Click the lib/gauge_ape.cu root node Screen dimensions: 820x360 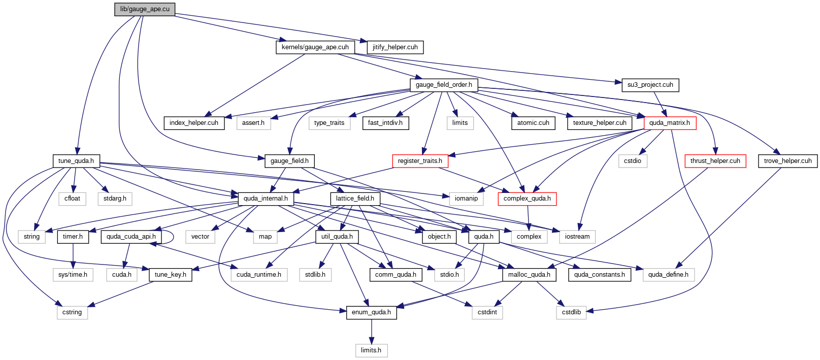pyautogui.click(x=145, y=9)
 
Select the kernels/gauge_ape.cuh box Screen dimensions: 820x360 pyautogui.click(x=315, y=47)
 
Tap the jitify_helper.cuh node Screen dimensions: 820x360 pyautogui.click(x=395, y=47)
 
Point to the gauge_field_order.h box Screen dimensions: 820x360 pyautogui.click(x=444, y=85)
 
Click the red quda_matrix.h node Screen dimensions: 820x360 pyautogui.click(x=670, y=123)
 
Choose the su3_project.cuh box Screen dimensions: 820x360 pyautogui.click(x=650, y=85)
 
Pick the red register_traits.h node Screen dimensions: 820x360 pyautogui.click(x=420, y=161)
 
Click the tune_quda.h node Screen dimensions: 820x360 pyautogui.click(x=76, y=161)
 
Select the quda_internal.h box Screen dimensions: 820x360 pyautogui.click(x=266, y=199)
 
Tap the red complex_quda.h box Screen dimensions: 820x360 pyautogui.click(x=527, y=199)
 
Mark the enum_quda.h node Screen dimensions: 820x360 pyautogui.click(x=371, y=312)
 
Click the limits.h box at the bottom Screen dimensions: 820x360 pyautogui.click(x=371, y=350)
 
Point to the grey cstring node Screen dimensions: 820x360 pyautogui.click(x=72, y=312)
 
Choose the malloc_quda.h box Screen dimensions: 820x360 pyautogui.click(x=530, y=275)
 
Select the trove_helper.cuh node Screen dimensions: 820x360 pyautogui.click(x=788, y=161)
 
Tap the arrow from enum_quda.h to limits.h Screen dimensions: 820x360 pyautogui.click(x=371, y=332)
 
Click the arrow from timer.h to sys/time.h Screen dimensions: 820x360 pyautogui.click(x=73, y=255)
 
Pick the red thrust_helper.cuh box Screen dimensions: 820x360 pyautogui.click(x=715, y=161)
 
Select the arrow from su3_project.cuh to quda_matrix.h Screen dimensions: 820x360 pyautogui.click(x=660, y=104)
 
